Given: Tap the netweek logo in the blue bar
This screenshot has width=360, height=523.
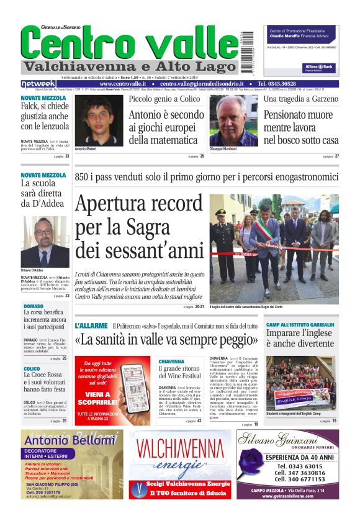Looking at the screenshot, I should point(38,84).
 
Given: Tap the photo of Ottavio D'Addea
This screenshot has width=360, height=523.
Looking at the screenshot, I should point(45,242).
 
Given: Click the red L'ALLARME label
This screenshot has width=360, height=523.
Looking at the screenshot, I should point(91,325).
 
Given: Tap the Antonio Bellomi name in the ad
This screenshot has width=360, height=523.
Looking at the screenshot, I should point(70,440).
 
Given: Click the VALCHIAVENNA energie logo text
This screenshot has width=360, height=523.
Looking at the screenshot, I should point(180,455).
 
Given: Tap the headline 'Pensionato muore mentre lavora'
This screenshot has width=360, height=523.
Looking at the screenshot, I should point(301,127).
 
